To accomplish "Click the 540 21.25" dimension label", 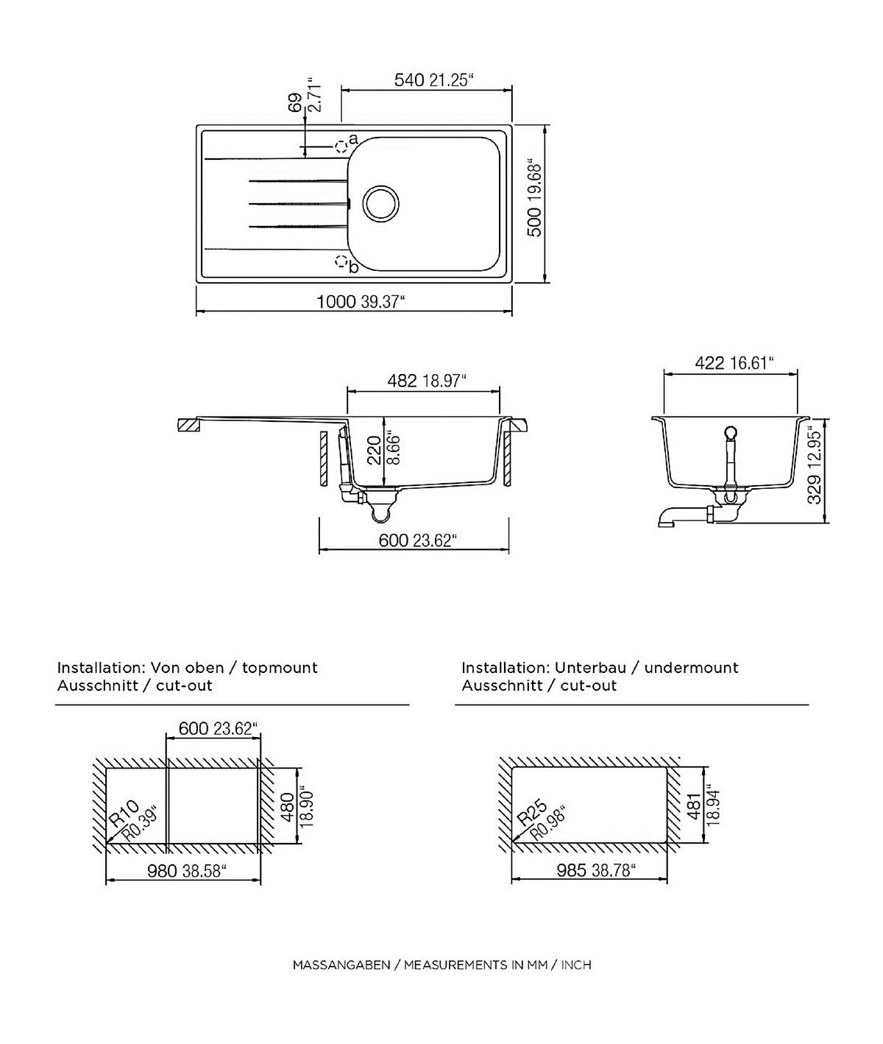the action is click(x=433, y=80).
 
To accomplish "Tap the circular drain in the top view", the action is click(x=381, y=204).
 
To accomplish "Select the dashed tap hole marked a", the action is click(x=341, y=147).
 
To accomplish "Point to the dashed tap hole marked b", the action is click(x=341, y=261).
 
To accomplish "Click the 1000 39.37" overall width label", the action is click(x=361, y=302).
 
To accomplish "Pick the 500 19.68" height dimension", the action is click(x=533, y=200).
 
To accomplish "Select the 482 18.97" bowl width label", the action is click(x=427, y=381).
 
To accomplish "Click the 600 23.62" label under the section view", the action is click(x=417, y=540).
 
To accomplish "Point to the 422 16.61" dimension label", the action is click(x=734, y=363).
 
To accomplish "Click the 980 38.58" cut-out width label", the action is click(x=186, y=871).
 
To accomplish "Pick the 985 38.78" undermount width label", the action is click(x=596, y=870).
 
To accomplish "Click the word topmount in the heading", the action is click(x=280, y=668).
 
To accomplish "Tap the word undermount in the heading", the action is click(x=691, y=668).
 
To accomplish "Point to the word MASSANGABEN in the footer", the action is click(x=341, y=964).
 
